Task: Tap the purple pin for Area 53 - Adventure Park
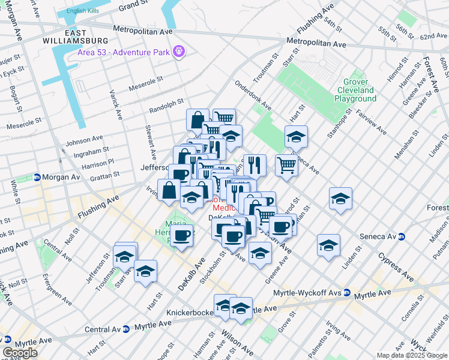point(178,52)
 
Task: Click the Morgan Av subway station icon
point(37,178)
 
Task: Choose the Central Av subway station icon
point(125,329)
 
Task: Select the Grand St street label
point(133,7)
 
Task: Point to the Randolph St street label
point(165,107)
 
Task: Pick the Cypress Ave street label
point(396,267)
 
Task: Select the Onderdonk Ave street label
point(253,97)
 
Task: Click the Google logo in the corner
point(20,353)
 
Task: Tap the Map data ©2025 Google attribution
point(412,355)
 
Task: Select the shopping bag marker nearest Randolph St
point(197,120)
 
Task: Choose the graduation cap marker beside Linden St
point(328,245)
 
